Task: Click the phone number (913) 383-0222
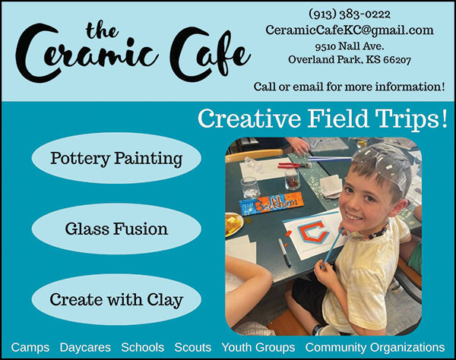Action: coord(349,14)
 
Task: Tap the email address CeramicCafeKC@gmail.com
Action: coord(350,30)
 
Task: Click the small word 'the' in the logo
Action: coord(100,31)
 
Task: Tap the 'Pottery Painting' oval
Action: coord(116,159)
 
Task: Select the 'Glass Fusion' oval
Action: coord(116,229)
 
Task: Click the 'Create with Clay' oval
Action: coord(116,299)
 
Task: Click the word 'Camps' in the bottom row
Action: coord(30,347)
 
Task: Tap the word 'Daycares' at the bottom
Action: coord(85,347)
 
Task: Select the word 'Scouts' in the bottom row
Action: coord(192,347)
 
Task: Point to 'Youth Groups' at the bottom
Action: coord(258,347)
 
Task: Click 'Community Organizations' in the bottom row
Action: coord(375,347)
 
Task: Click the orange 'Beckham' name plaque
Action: coord(272,203)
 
